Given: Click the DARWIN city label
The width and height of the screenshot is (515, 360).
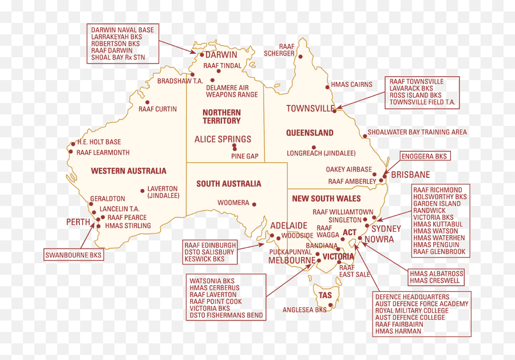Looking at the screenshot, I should (x=221, y=55).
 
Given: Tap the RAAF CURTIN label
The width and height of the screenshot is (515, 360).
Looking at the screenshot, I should (x=157, y=109).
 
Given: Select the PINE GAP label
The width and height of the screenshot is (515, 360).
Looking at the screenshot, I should (x=245, y=156).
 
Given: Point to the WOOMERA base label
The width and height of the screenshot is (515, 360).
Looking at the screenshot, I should (x=233, y=203).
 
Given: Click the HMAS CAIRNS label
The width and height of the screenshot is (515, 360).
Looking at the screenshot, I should (x=352, y=85).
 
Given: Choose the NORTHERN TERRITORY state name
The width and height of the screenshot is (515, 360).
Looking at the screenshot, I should (x=221, y=117).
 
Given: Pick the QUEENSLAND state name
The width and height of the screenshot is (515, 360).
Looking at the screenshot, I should (x=310, y=133).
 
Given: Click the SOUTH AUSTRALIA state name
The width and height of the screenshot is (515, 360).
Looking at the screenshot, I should (x=228, y=184).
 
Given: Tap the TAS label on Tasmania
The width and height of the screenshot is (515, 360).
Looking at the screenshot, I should (x=325, y=295).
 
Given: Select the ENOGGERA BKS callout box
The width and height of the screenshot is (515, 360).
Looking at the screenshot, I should (x=425, y=156).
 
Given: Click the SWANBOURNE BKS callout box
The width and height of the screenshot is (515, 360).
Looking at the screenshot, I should (x=74, y=255).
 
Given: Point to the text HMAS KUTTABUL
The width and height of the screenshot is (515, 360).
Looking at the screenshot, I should (x=438, y=224).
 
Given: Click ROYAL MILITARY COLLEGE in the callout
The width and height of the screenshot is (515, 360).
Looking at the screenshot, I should (x=412, y=311).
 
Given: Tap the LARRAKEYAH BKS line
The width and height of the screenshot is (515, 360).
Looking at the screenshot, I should (x=116, y=37).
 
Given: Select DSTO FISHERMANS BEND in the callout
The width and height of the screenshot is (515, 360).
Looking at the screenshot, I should (x=227, y=315).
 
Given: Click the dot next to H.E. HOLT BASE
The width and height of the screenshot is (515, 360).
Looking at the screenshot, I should (x=73, y=143).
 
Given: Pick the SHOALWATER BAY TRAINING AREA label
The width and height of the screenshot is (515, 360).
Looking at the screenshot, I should (x=417, y=132).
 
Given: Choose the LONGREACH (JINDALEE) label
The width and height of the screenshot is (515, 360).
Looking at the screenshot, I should (x=321, y=153).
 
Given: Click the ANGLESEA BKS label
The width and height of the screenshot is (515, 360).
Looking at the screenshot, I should (x=304, y=310).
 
